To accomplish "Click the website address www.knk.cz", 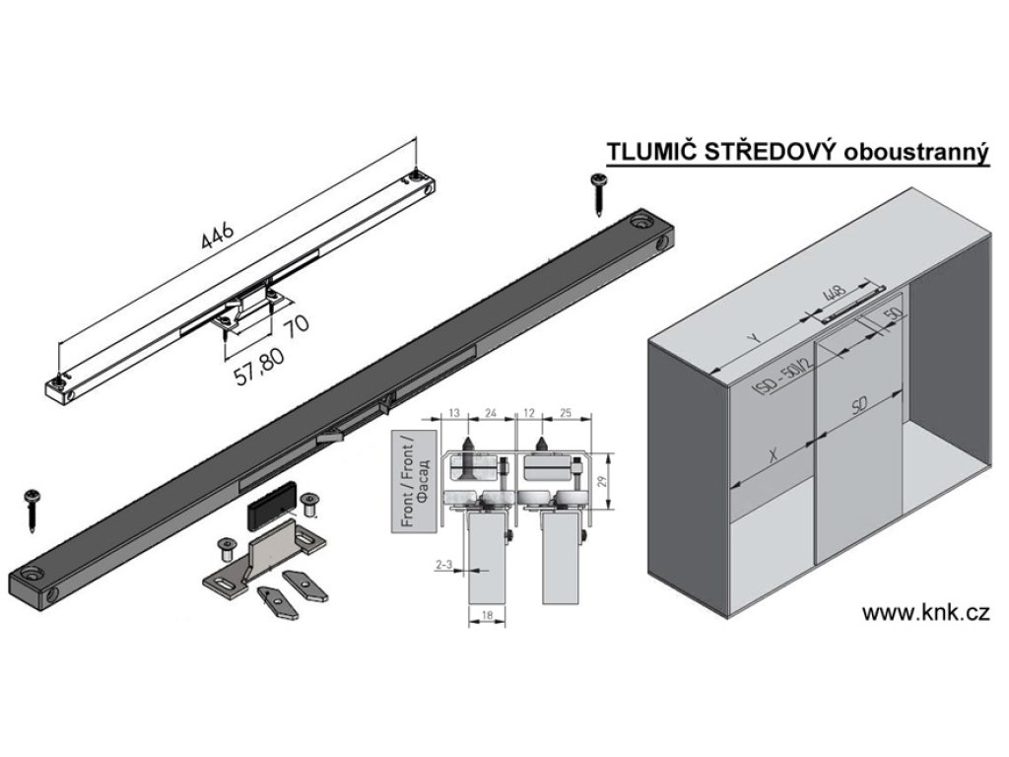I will click(925, 612).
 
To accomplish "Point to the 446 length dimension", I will click(218, 236).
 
